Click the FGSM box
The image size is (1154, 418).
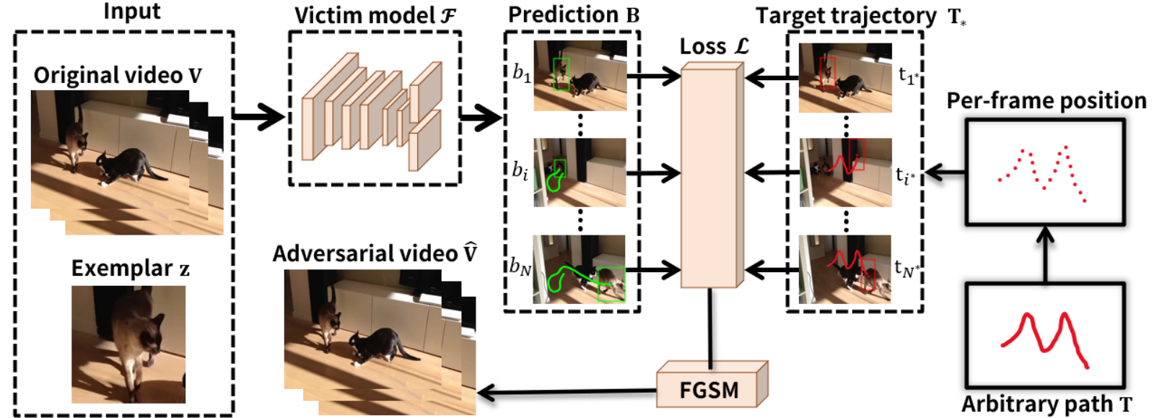(x=709, y=390)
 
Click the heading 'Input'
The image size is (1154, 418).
(x=132, y=12)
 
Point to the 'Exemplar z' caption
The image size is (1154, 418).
(x=130, y=269)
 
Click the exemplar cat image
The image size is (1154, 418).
(x=128, y=344)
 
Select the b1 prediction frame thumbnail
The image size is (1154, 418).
(x=580, y=75)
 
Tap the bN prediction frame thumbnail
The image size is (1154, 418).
(x=579, y=269)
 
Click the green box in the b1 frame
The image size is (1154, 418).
(x=561, y=74)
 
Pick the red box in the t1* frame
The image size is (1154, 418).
(x=828, y=73)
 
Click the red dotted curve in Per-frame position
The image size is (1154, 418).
(x=1043, y=173)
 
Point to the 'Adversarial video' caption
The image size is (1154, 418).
(x=375, y=254)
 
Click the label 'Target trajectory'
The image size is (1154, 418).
(x=845, y=16)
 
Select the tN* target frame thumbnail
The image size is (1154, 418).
(x=845, y=269)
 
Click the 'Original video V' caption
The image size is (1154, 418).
(x=118, y=76)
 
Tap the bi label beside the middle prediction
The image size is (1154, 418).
(x=520, y=171)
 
